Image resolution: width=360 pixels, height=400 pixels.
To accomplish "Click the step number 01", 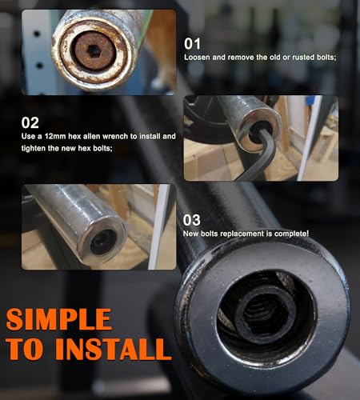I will (x=193, y=43).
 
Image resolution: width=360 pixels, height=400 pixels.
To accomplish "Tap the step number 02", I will (x=30, y=123).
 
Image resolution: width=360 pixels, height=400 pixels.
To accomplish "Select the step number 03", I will (x=194, y=218).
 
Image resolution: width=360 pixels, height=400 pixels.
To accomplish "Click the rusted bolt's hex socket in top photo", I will (x=92, y=50).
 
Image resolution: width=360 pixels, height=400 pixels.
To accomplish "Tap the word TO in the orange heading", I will (x=34, y=349).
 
